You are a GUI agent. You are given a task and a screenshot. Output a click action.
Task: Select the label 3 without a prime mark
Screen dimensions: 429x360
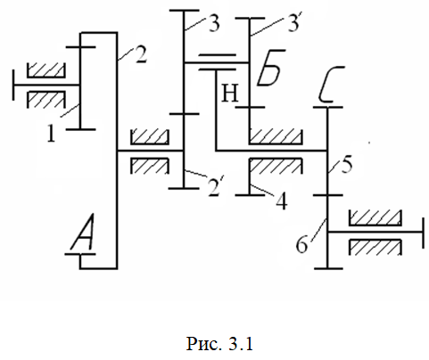(x=214, y=23)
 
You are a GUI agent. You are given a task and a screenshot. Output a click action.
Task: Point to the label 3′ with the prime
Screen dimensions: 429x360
(x=295, y=21)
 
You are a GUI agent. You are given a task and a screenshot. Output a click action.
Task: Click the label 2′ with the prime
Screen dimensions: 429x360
(x=215, y=187)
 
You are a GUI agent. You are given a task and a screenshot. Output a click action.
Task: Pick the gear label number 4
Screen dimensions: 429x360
(x=281, y=201)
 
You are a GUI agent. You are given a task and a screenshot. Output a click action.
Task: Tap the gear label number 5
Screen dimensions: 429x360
(x=347, y=164)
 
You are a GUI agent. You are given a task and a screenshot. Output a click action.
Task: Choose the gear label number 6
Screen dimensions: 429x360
(x=301, y=245)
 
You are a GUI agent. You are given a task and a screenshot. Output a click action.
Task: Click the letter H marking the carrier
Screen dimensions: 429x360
(x=230, y=94)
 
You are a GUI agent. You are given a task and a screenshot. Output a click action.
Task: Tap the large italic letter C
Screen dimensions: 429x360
(x=331, y=84)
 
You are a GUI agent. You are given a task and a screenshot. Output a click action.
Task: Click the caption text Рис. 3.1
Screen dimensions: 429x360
(x=219, y=344)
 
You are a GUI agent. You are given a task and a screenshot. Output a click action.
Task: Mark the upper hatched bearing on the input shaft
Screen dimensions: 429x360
(x=45, y=70)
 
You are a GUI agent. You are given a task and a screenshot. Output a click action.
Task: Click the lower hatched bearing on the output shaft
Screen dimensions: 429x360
(x=375, y=248)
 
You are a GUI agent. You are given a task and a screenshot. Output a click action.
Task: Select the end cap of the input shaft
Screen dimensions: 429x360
(x=13, y=85)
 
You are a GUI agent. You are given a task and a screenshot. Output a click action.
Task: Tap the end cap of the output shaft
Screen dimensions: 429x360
(x=423, y=233)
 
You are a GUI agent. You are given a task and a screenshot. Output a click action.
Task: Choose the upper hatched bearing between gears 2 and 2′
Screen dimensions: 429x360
(x=150, y=136)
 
